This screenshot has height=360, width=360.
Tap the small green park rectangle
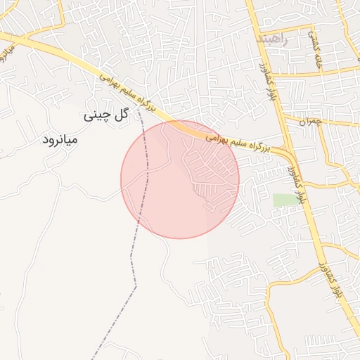(286, 200)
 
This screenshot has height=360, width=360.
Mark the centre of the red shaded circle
(180, 179)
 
